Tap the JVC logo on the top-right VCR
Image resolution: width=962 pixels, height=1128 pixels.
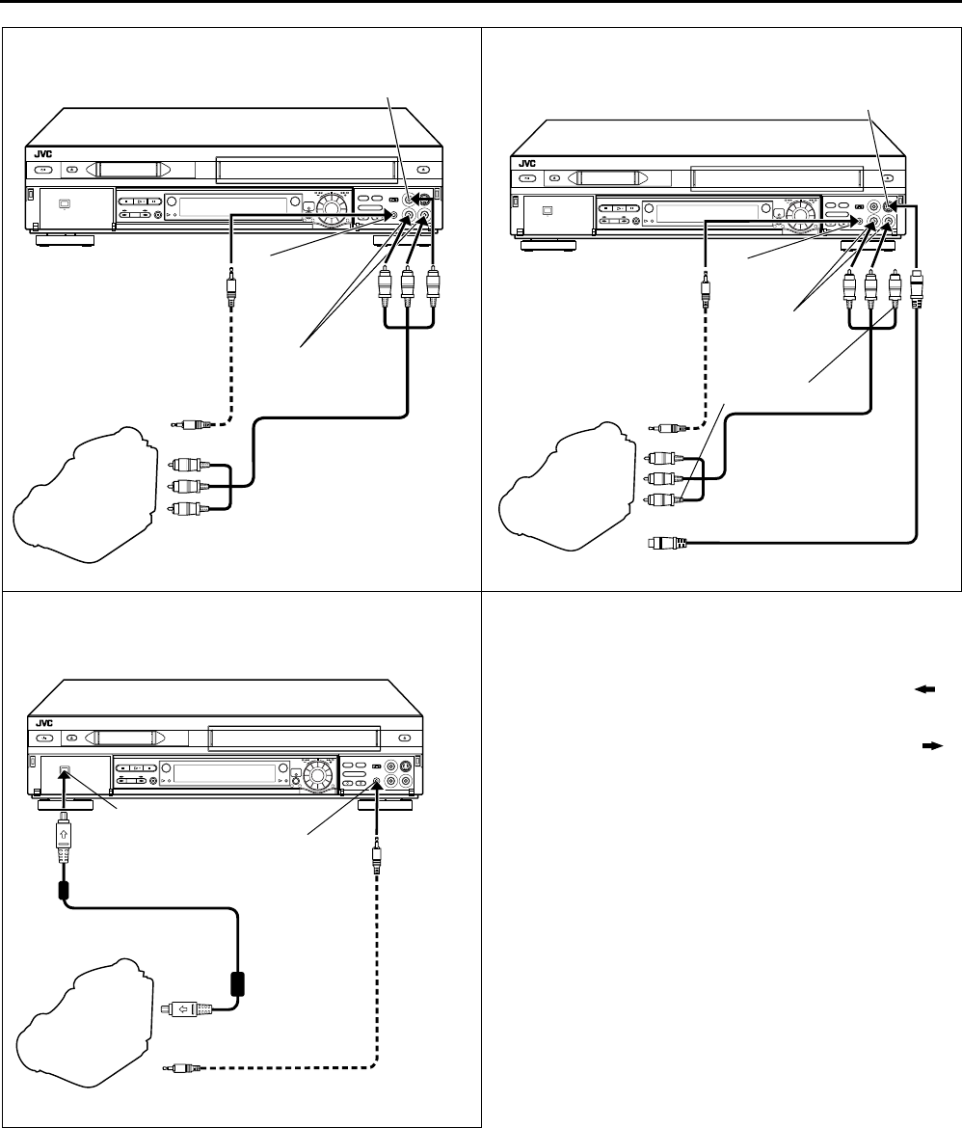click(x=526, y=164)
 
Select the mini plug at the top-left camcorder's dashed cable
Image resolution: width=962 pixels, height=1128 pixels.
click(x=189, y=422)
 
